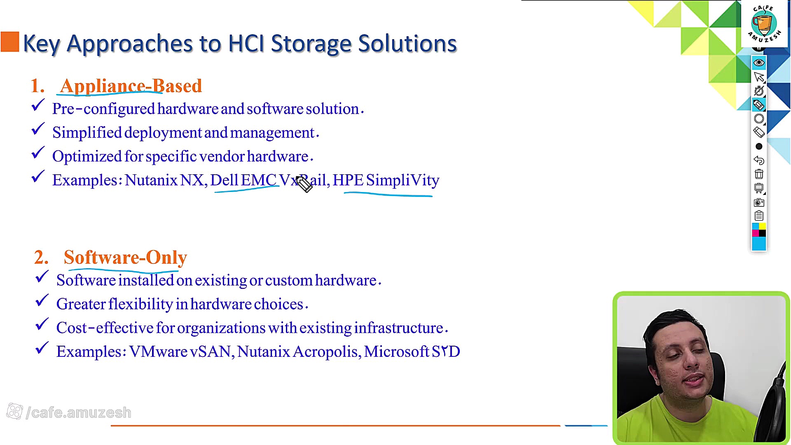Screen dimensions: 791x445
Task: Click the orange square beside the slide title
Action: pos(10,42)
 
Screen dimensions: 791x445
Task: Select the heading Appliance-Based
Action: pos(131,86)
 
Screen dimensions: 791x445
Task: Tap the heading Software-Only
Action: pos(125,258)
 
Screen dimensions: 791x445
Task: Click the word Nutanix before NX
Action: pos(151,180)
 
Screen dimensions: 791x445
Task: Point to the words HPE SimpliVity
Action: pos(386,180)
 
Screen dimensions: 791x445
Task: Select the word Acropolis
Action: pos(327,352)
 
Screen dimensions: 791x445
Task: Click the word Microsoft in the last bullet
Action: pos(396,351)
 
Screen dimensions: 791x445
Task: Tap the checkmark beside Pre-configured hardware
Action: pos(37,105)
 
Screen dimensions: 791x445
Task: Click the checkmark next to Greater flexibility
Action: pos(42,301)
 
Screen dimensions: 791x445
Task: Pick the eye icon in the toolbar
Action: pos(759,63)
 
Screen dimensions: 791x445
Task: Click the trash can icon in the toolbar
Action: pos(759,174)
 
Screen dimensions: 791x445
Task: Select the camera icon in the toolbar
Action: pos(759,202)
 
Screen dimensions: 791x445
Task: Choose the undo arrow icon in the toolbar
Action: pos(759,160)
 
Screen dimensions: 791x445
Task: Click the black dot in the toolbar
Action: pos(759,146)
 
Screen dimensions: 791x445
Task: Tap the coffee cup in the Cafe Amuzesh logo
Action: pos(763,24)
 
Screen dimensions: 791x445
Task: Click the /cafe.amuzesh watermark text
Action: pos(79,412)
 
